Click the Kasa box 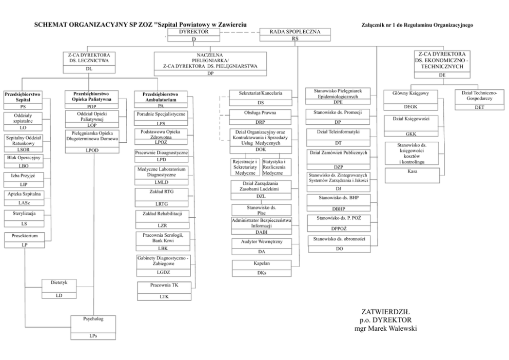[412, 172]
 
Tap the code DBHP [338, 208]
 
